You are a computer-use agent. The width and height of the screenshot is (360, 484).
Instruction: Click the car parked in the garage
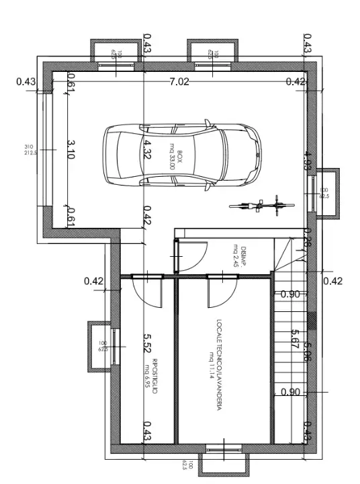181,154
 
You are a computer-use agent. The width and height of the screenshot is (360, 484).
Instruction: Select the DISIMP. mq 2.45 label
240,255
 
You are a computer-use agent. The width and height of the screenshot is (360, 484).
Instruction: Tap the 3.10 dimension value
71,149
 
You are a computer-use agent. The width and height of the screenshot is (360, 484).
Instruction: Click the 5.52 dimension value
147,344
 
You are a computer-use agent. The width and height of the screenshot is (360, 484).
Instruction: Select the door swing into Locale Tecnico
221,289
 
